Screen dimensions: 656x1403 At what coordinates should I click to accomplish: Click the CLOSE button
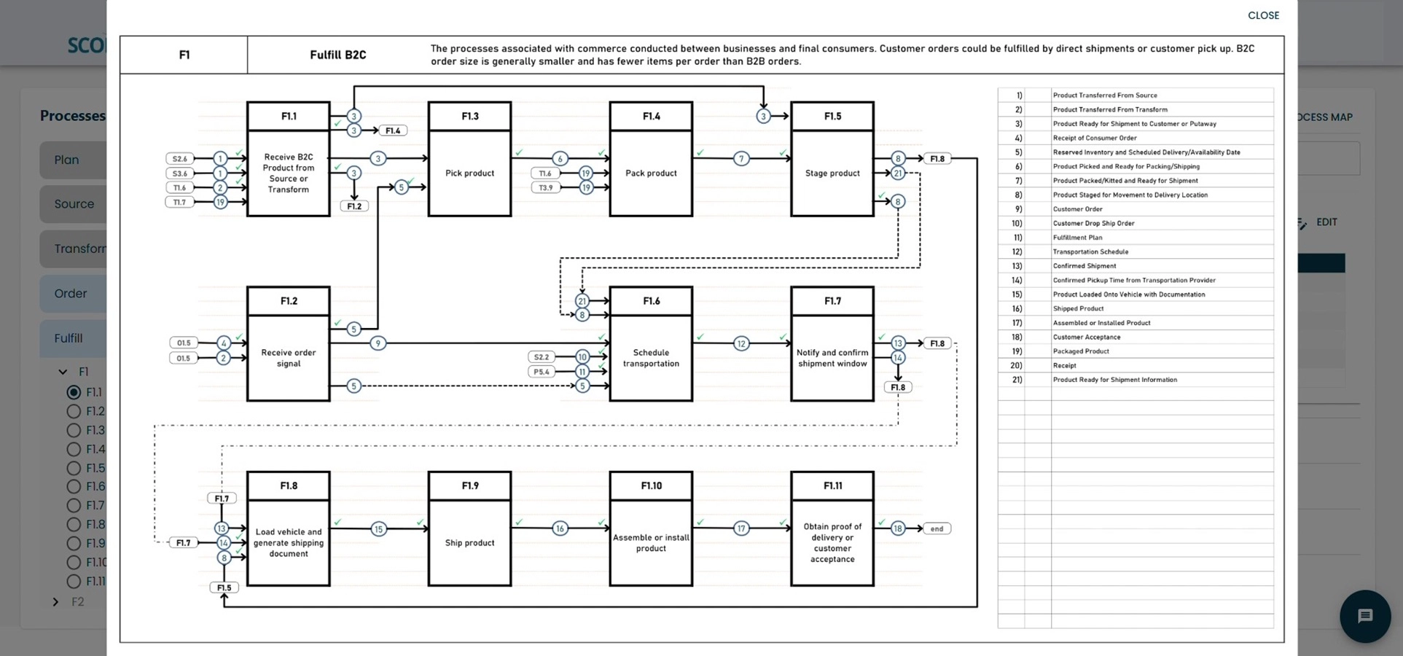(x=1262, y=15)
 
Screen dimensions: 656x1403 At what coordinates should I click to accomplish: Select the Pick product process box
(x=469, y=173)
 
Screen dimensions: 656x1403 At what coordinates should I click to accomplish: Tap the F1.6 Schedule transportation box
(x=650, y=357)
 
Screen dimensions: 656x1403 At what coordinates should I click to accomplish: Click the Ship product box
(x=469, y=542)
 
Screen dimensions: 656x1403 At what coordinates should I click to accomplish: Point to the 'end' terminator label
(x=937, y=528)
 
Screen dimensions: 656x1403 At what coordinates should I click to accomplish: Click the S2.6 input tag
(x=179, y=158)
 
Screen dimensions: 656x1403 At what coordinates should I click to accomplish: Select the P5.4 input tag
(x=541, y=372)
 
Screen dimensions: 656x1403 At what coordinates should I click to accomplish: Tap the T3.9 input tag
(x=545, y=187)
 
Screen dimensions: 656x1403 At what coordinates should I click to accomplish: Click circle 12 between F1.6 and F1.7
(x=740, y=343)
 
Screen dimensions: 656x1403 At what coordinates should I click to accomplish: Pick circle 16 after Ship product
(x=559, y=528)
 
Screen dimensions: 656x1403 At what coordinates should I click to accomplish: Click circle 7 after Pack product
(x=740, y=158)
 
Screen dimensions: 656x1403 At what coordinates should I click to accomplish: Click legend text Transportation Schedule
(x=1090, y=251)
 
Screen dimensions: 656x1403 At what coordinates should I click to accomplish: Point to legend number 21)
(x=1016, y=380)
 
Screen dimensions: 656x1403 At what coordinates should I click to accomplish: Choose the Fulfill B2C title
(x=337, y=55)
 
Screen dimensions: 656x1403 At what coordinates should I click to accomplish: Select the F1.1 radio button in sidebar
(x=74, y=392)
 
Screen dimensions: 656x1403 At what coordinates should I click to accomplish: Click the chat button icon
(x=1364, y=616)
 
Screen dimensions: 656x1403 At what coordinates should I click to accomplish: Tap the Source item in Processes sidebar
(x=74, y=204)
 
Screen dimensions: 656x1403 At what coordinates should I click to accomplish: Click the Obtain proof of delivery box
(x=832, y=542)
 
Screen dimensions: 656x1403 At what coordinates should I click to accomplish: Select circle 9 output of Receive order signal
(x=378, y=343)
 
